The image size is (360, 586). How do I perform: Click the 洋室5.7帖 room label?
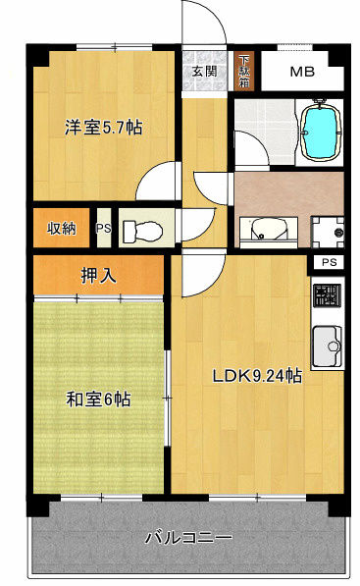point(103,128)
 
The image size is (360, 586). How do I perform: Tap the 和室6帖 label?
point(98,399)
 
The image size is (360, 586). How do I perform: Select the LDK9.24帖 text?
point(257,376)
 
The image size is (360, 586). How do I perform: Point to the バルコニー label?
point(188,538)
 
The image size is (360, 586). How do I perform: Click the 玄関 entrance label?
point(204,71)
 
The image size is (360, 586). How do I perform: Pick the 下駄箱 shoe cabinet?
point(244,71)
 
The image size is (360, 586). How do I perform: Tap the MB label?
point(302,72)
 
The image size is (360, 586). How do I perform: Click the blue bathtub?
point(321,130)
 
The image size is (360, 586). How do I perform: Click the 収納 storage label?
point(62,229)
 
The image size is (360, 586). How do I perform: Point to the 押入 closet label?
point(99,276)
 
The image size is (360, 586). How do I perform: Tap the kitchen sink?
point(327,346)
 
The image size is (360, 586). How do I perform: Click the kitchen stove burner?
point(327,296)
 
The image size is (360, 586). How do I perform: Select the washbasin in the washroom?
point(269,229)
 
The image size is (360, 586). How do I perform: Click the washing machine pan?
point(328,232)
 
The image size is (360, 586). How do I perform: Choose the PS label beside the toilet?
point(104,228)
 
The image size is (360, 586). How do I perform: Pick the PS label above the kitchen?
point(330,262)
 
